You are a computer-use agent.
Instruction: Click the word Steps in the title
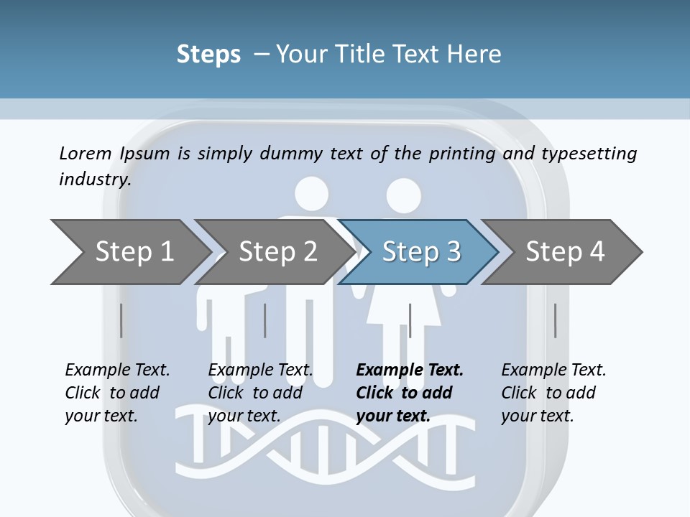pos(208,54)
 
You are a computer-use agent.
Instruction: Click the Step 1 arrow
pos(129,251)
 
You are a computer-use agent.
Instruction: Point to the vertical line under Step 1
pos(121,320)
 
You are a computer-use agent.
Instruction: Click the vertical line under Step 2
pos(265,320)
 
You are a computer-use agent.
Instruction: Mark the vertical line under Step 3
pos(410,320)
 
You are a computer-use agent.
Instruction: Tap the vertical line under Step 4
pos(555,320)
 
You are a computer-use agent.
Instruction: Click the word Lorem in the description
pos(86,153)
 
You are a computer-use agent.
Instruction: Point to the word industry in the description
pos(94,179)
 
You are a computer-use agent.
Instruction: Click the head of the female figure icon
pos(402,195)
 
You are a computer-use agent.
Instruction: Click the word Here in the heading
pos(475,54)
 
